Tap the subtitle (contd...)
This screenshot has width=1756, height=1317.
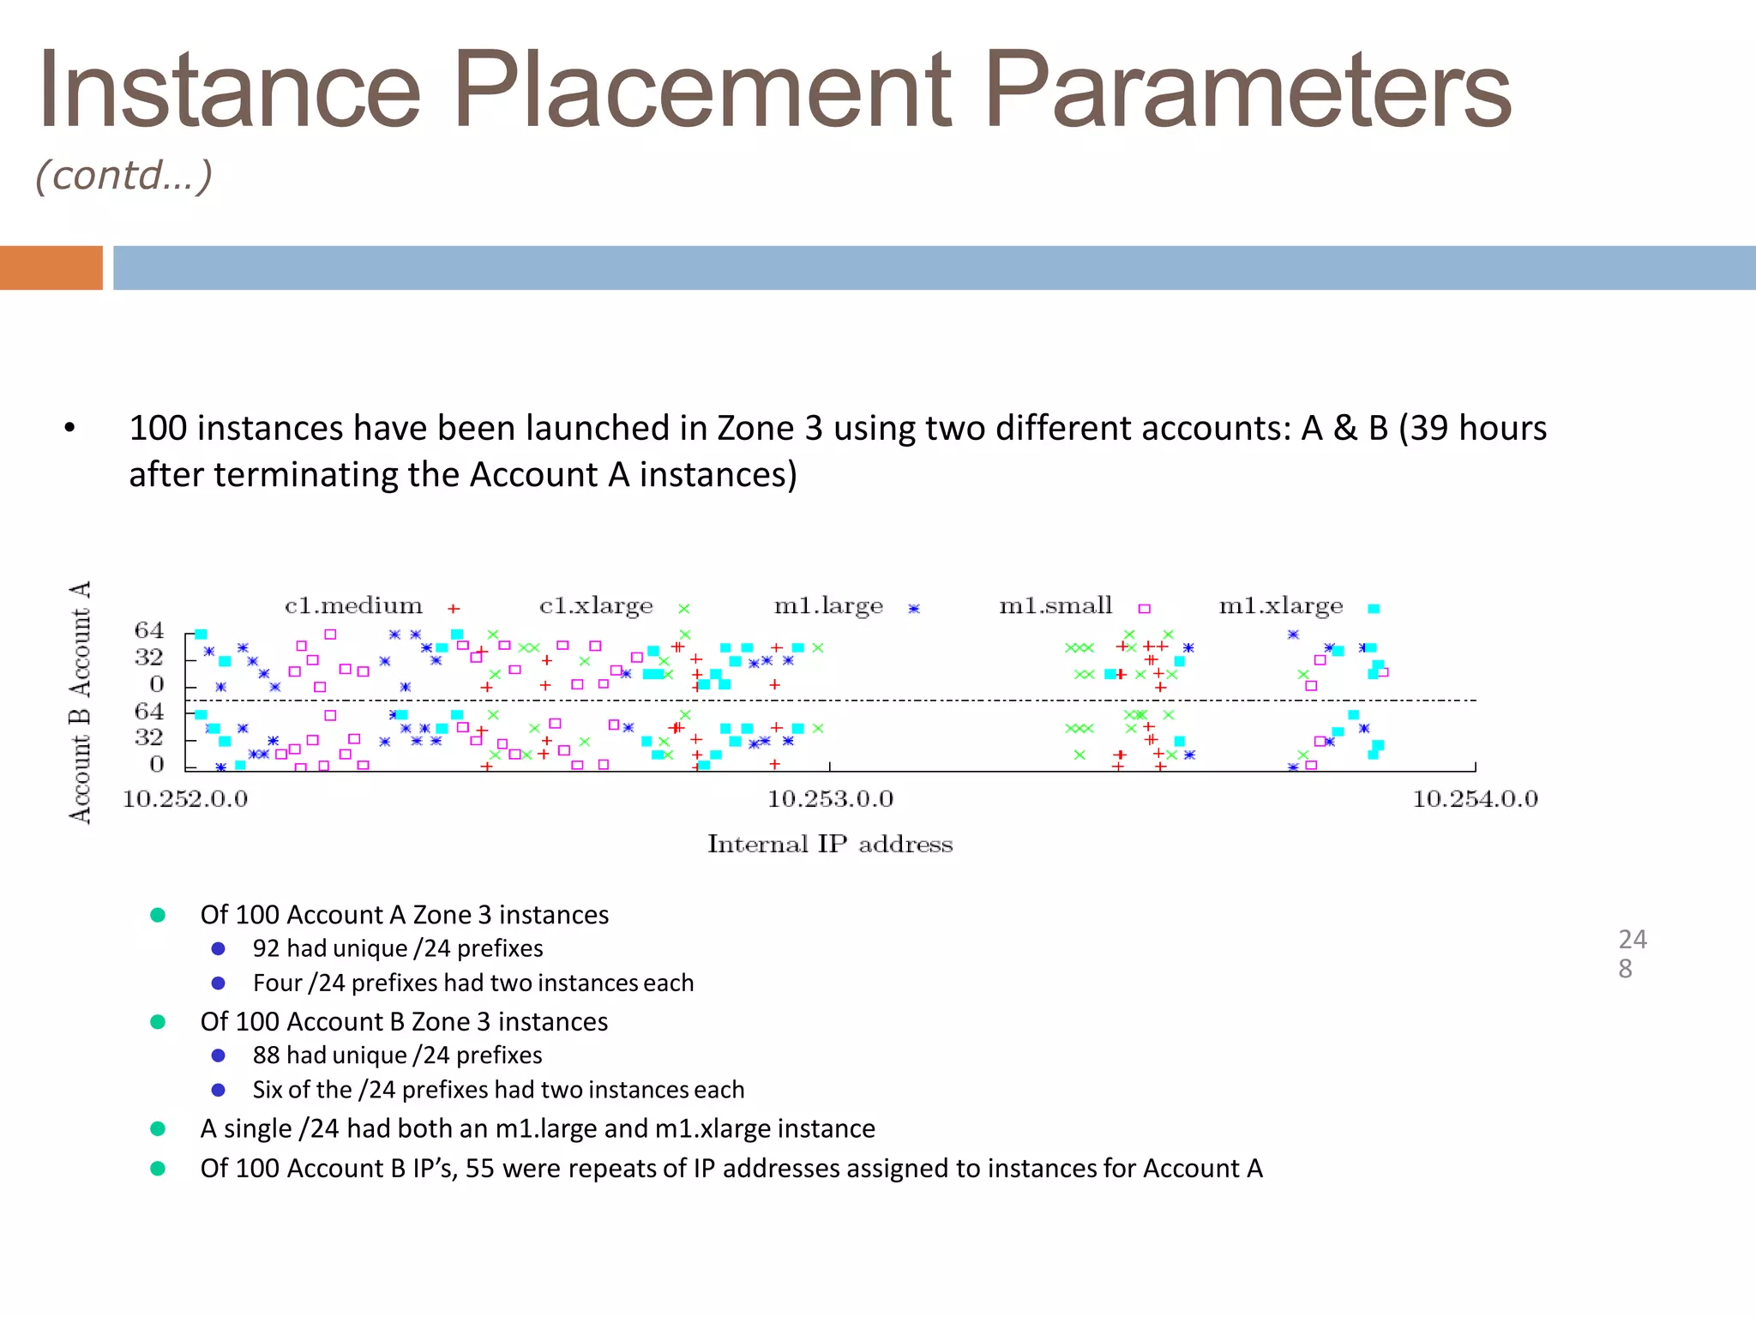(123, 176)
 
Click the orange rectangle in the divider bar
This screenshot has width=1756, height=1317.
(51, 268)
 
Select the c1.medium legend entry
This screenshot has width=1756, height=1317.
(353, 606)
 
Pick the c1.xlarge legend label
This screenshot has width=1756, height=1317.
(596, 606)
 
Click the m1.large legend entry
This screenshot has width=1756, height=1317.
(828, 606)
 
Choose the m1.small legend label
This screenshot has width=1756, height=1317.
(1055, 606)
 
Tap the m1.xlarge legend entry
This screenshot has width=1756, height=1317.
(1281, 606)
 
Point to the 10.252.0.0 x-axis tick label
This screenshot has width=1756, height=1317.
(185, 799)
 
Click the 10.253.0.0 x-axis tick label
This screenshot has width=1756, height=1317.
(830, 799)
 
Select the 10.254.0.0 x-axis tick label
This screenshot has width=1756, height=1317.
(1475, 799)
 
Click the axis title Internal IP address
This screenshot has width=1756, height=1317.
(830, 845)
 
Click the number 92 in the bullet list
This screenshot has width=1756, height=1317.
(267, 948)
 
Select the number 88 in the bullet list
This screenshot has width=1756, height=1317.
(267, 1055)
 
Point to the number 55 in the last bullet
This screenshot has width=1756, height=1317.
(480, 1169)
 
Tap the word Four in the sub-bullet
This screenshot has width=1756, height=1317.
(277, 983)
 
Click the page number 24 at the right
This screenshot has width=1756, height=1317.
(1633, 940)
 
